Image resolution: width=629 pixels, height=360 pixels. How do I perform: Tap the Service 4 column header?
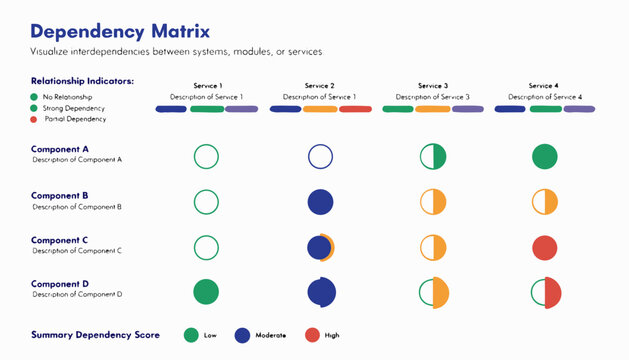pyautogui.click(x=544, y=86)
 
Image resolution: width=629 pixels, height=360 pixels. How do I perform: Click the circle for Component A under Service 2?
pyautogui.click(x=320, y=156)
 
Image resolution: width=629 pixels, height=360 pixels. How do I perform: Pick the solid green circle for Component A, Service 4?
pyautogui.click(x=544, y=156)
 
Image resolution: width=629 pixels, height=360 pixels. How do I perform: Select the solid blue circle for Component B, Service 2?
pyautogui.click(x=320, y=201)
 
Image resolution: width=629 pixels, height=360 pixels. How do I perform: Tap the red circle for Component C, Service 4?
pyautogui.click(x=544, y=247)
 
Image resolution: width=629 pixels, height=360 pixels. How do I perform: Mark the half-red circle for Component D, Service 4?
pyautogui.click(x=544, y=291)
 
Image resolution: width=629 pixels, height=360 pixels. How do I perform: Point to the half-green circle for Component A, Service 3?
pyautogui.click(x=432, y=156)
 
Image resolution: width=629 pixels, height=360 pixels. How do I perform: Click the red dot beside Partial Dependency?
pyautogui.click(x=34, y=118)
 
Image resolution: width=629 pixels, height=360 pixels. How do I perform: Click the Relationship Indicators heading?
pyautogui.click(x=82, y=80)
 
